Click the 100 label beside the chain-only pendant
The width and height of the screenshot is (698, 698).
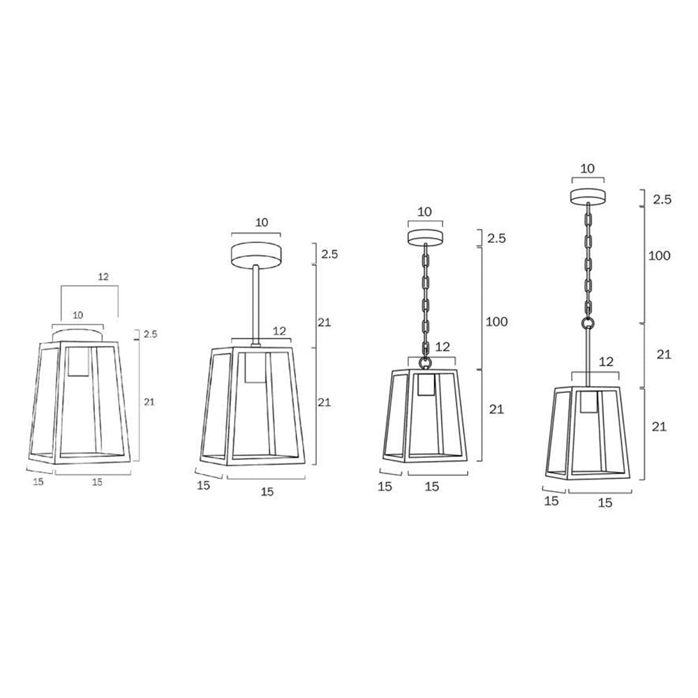pyautogui.click(x=496, y=321)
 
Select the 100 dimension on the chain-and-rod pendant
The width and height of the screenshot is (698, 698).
pyautogui.click(x=660, y=255)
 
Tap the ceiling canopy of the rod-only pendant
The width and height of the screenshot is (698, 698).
pyautogui.click(x=255, y=254)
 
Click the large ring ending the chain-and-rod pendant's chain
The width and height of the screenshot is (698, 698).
pyautogui.click(x=588, y=322)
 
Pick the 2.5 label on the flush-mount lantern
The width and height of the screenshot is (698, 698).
pyautogui.click(x=151, y=334)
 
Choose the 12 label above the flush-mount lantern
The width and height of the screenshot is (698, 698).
pyautogui.click(x=103, y=277)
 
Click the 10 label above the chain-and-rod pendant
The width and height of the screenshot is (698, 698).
pyautogui.click(x=588, y=169)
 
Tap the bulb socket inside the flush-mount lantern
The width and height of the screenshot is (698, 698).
pyautogui.click(x=79, y=362)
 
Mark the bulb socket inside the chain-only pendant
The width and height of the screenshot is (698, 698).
pyautogui.click(x=426, y=385)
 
